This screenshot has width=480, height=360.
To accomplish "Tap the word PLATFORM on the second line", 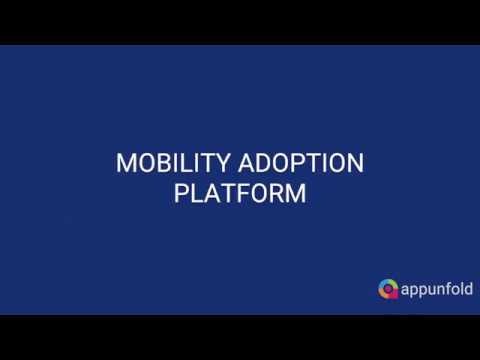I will tap(239, 193).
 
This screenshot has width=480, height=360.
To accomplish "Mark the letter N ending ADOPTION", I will tap(353, 164).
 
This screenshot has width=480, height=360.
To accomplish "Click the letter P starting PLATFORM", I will tap(181, 193).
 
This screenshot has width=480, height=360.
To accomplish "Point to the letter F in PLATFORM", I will tap(239, 193).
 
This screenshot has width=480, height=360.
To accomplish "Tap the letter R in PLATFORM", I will tap(274, 193).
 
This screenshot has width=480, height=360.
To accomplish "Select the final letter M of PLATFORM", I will tap(294, 193).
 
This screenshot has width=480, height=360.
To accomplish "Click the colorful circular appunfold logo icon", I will tap(389, 290).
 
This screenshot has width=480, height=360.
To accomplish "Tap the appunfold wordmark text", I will tap(435, 290).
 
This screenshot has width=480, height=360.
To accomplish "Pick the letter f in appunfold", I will tap(446, 289).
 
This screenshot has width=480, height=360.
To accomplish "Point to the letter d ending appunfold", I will tap(468, 289).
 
